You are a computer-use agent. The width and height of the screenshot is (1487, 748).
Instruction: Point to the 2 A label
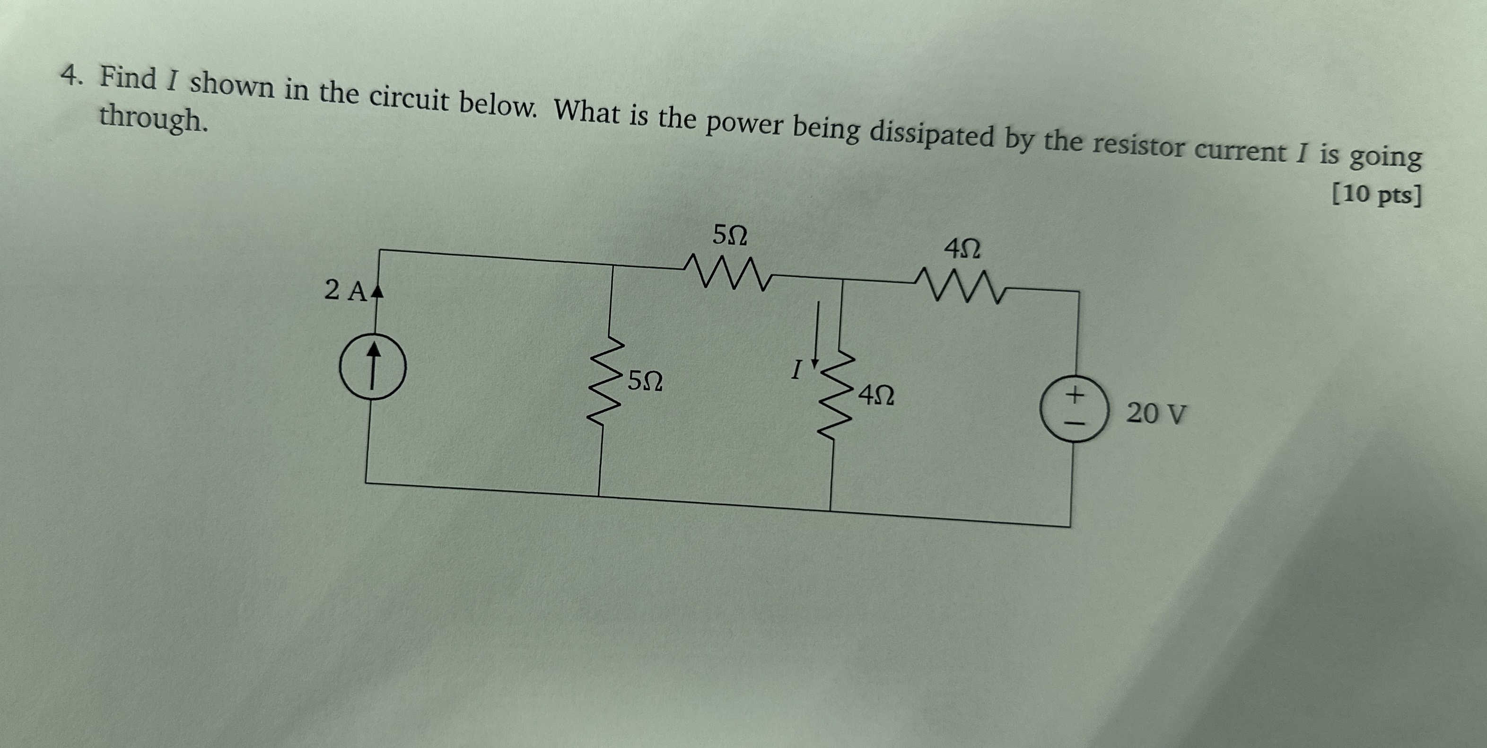tap(345, 290)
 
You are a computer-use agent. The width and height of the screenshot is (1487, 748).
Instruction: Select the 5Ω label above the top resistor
tap(730, 235)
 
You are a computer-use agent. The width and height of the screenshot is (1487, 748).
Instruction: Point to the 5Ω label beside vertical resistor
tap(645, 381)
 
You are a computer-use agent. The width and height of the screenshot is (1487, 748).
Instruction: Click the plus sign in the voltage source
tap(1074, 395)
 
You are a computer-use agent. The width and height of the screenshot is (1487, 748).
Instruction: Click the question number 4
tap(70, 75)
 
